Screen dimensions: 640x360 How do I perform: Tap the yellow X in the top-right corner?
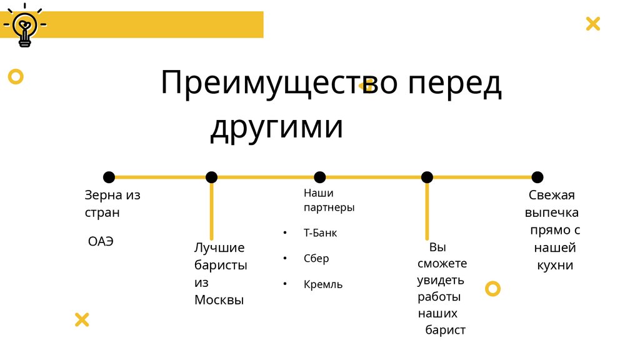tap(592, 24)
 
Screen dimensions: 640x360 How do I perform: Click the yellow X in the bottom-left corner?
tap(82, 320)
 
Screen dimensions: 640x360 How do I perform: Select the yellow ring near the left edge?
tap(16, 77)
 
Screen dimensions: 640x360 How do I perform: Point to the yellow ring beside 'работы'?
tap(493, 288)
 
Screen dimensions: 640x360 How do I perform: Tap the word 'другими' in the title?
tap(276, 127)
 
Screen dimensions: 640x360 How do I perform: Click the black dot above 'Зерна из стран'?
tap(109, 177)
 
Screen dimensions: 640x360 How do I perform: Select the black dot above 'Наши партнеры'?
tap(319, 177)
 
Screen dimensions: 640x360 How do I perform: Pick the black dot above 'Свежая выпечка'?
tap(537, 177)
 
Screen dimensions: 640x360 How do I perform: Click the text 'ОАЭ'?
tap(101, 241)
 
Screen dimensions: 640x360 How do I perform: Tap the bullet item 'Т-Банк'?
tap(320, 233)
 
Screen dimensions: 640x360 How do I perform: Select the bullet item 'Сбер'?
tap(316, 259)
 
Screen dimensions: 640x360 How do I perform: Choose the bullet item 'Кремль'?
tap(323, 284)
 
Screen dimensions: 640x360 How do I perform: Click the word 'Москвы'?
tap(219, 300)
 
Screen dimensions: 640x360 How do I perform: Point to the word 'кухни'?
tap(555, 265)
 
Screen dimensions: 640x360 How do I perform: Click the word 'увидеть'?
tap(441, 279)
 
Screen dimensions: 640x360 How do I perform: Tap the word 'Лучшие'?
tap(219, 248)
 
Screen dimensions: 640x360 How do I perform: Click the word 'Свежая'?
tap(551, 195)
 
